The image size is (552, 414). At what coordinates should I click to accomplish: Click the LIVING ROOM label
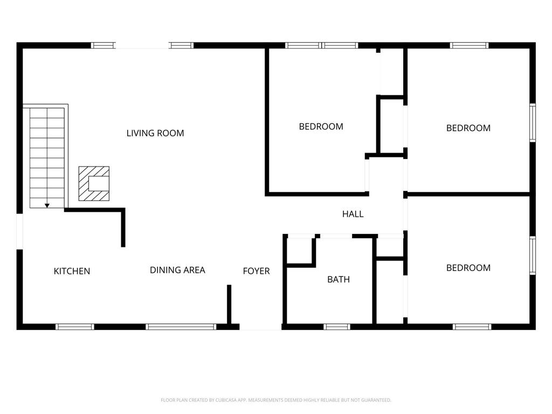point(155,133)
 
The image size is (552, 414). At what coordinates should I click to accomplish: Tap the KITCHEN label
point(72,271)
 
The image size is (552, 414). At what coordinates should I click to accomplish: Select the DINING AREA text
point(177,270)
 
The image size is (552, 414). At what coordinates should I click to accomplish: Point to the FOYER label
point(256,271)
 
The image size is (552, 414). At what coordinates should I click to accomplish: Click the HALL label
point(353,214)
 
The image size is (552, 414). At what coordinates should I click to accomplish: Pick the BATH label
point(339,280)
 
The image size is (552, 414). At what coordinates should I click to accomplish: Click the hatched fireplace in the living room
point(94,183)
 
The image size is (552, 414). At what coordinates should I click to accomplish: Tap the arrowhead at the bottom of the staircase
point(47,205)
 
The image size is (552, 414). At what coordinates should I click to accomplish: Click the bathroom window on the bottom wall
point(337,327)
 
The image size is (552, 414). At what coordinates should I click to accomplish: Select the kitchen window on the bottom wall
point(74,327)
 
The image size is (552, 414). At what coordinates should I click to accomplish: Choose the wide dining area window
point(181,327)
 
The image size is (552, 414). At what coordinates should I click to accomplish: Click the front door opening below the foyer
point(260,327)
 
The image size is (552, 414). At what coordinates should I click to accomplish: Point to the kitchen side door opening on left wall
point(20,231)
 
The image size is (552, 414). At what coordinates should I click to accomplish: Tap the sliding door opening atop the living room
point(142,45)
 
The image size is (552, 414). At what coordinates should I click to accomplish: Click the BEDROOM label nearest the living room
point(321,126)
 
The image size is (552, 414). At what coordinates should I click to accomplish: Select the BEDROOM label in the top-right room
point(468,128)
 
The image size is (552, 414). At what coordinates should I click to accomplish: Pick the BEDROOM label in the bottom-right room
point(468,268)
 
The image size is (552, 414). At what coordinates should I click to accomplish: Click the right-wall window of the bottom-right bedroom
point(533,256)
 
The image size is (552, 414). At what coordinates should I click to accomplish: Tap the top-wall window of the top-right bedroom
point(470,45)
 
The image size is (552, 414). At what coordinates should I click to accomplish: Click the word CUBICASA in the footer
point(226,401)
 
